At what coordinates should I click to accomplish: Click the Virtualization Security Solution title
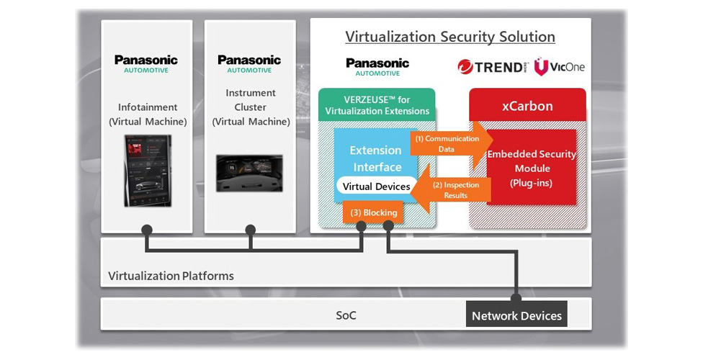click(449, 37)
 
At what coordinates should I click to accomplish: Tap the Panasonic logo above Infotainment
click(146, 63)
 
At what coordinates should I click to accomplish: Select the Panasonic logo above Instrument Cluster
click(249, 63)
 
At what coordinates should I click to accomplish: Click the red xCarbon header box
click(527, 106)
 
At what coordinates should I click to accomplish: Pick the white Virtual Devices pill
click(376, 186)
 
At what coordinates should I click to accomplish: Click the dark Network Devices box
click(516, 315)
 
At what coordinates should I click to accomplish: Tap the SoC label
click(346, 315)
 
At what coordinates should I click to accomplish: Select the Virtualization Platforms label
click(171, 276)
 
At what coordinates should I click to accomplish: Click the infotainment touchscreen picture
click(147, 171)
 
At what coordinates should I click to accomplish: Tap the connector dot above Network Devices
click(516, 297)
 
